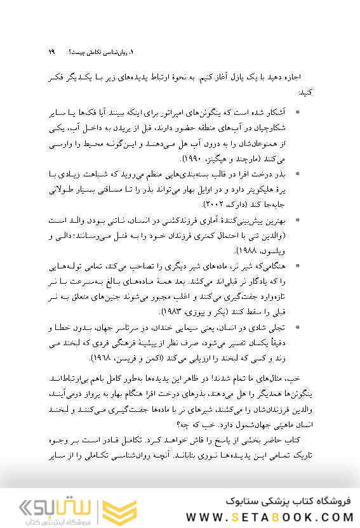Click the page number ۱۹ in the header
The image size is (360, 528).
pyautogui.click(x=52, y=51)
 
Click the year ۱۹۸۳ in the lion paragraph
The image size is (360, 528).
pyautogui.click(x=173, y=313)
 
